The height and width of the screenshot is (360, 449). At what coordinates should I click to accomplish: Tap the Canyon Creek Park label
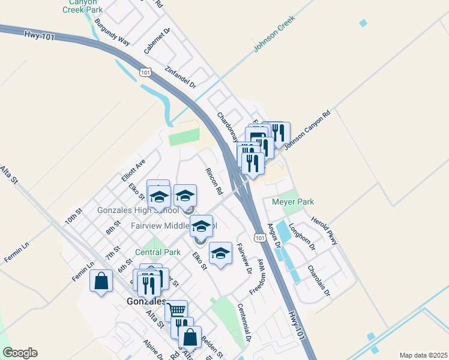click(82, 5)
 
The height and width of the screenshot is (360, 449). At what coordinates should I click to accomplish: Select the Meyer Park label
click(293, 202)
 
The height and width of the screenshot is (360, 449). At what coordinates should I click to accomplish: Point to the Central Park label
click(157, 252)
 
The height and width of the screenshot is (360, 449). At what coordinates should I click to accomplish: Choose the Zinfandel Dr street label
click(181, 76)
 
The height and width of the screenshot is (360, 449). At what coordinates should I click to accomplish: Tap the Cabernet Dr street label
click(157, 41)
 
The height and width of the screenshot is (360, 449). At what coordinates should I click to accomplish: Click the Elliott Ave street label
click(133, 170)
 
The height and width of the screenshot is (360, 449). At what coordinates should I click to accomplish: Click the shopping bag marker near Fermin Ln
click(101, 281)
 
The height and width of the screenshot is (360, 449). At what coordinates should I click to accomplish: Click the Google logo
click(20, 353)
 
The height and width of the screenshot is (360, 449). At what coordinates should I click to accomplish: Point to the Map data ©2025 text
click(424, 355)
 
